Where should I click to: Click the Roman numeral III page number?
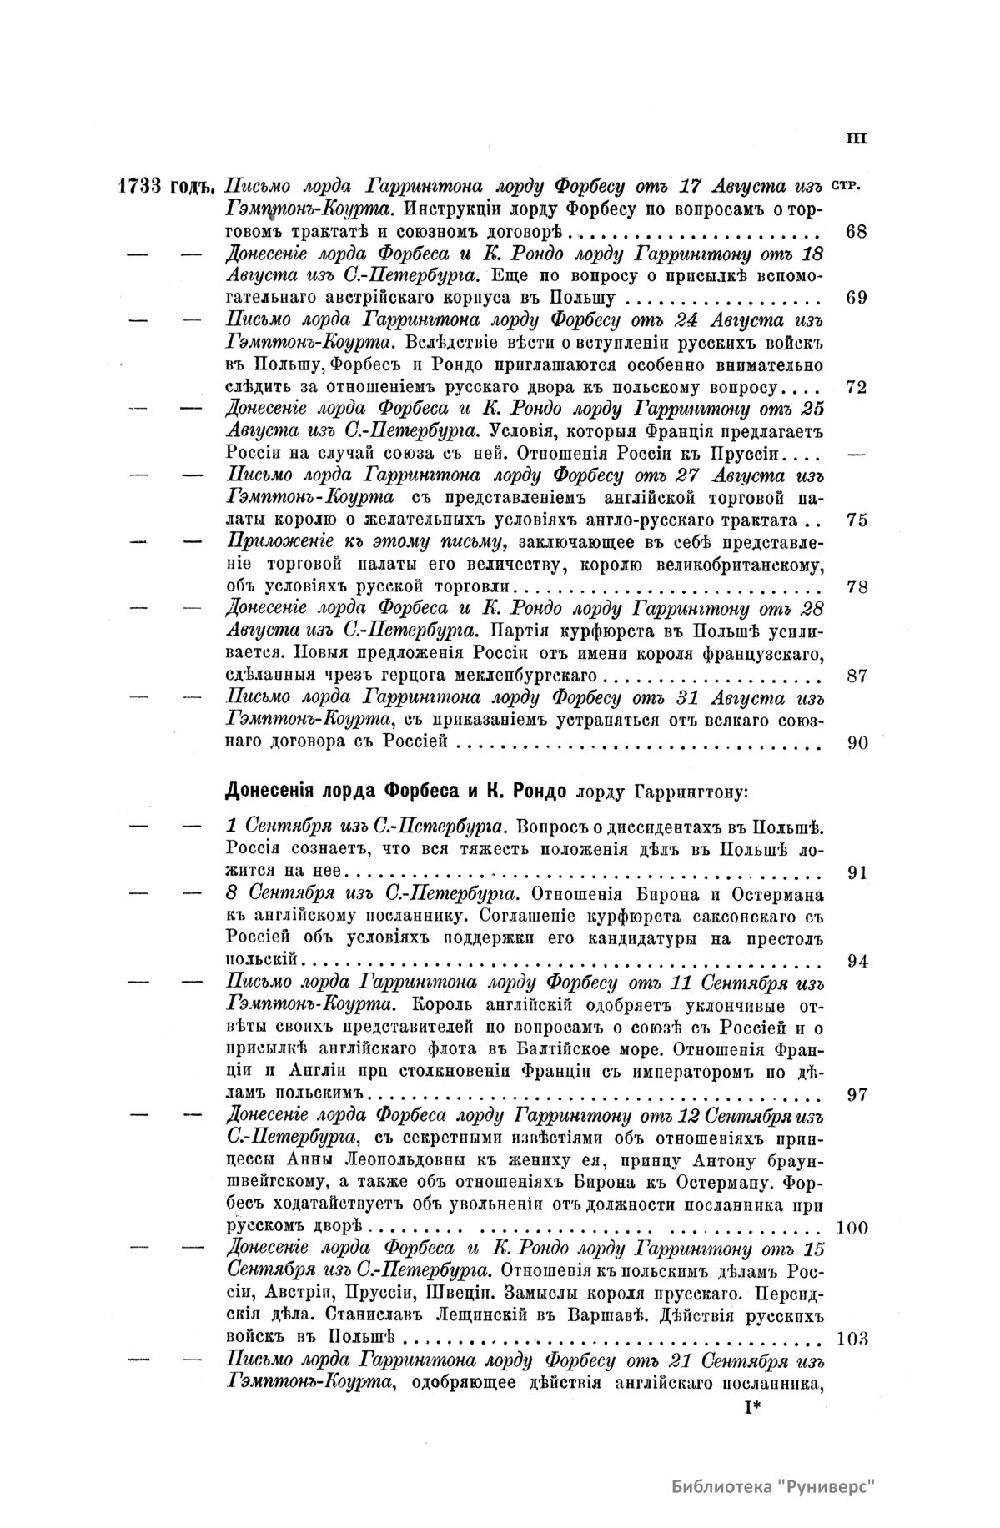tap(856, 138)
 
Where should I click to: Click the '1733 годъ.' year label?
tap(168, 186)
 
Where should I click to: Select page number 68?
tap(856, 231)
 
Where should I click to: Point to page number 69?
tap(856, 298)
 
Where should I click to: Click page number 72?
tap(856, 387)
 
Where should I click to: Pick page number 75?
tap(856, 520)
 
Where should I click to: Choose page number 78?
tap(856, 586)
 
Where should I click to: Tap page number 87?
tap(856, 676)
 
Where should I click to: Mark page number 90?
tap(856, 742)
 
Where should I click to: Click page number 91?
tap(856, 872)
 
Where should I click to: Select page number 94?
tap(856, 961)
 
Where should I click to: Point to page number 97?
tap(856, 1094)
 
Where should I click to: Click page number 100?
tap(851, 1228)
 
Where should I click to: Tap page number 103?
tap(851, 1340)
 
